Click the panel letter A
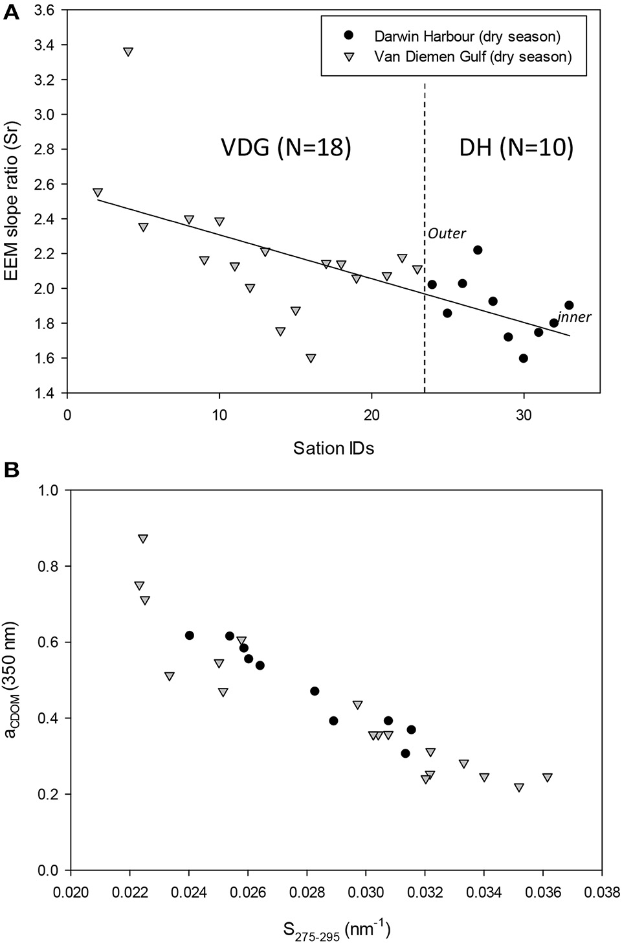10,11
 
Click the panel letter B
10,471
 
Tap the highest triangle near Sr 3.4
128,52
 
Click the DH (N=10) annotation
516,148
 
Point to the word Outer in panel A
447,233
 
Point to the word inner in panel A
574,317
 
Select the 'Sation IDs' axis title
333,448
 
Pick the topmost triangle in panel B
143,539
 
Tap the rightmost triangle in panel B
548,777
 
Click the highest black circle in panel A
478,250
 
